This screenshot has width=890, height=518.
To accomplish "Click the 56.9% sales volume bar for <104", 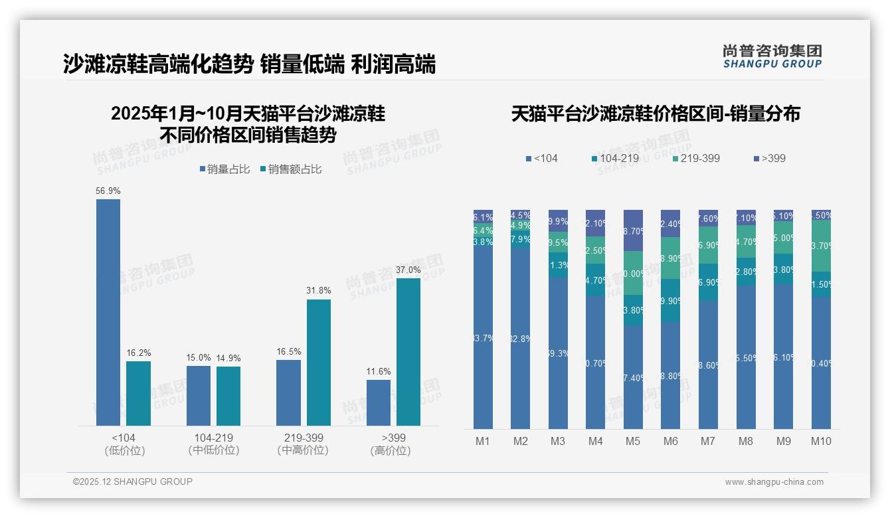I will [x=108, y=312].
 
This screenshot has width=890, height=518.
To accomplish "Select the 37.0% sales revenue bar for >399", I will [x=408, y=352].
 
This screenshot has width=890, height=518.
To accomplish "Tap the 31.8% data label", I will [x=319, y=291].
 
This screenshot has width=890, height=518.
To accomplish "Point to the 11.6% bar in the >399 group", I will [x=379, y=402].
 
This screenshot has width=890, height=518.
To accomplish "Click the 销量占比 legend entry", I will [x=224, y=169].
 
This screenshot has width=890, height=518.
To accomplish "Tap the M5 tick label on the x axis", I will [x=633, y=441].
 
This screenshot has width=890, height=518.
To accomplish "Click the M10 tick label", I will [x=821, y=441].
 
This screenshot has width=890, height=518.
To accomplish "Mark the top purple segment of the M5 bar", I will [x=633, y=230].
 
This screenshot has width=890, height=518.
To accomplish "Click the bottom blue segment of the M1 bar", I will [x=484, y=339].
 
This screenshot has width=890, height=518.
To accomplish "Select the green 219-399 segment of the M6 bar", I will [x=671, y=258].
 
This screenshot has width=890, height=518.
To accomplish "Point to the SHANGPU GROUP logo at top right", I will [x=772, y=56].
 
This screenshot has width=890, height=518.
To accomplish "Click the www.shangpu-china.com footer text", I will [x=774, y=482].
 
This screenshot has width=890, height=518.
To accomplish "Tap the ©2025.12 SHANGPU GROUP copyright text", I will [x=133, y=481].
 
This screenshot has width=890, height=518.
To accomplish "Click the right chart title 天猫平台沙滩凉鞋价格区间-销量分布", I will [x=656, y=114].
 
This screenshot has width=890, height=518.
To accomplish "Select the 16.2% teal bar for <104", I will [x=138, y=393].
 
